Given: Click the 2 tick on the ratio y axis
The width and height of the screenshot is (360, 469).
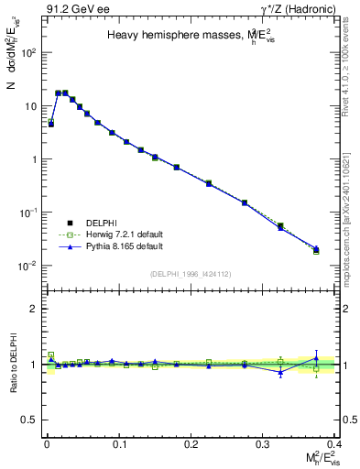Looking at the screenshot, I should [33, 309].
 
